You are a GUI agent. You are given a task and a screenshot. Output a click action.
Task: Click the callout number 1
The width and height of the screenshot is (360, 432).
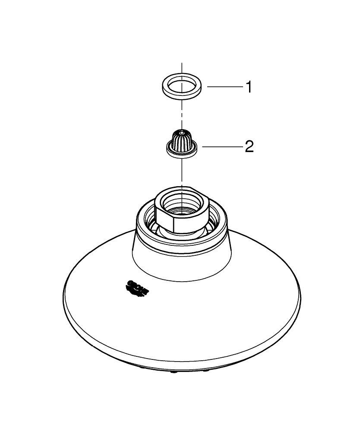point(248,87)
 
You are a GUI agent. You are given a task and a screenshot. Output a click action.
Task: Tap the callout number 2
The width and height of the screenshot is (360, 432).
point(249,147)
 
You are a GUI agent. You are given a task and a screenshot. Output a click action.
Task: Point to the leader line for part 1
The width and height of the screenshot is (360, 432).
point(224,87)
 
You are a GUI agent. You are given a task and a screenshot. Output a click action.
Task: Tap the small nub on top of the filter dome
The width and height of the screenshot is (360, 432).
point(182,130)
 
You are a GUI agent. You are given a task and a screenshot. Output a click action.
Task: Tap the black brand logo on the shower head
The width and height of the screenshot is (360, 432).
point(137,288)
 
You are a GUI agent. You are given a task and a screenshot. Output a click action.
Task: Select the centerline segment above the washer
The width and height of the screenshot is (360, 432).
point(182,68)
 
